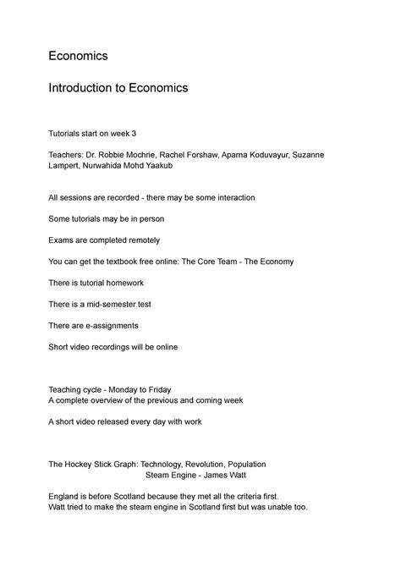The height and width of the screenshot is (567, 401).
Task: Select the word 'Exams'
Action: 63,240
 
